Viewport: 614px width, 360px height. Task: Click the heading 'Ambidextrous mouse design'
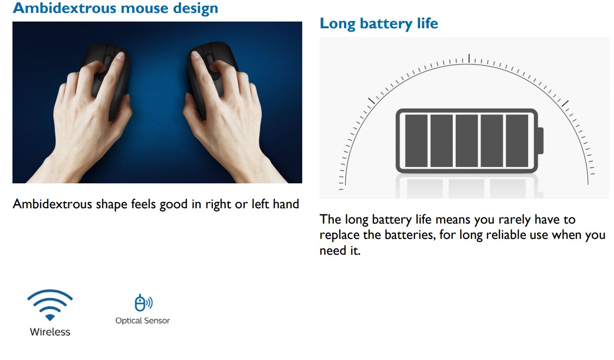115,8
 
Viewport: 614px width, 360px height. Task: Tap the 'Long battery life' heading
379,23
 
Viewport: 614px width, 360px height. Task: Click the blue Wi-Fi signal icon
50,305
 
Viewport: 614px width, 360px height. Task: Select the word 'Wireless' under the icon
50,332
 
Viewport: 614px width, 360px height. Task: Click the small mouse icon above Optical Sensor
143,303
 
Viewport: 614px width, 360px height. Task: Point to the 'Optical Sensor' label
143,321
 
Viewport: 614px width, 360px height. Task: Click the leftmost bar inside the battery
416,141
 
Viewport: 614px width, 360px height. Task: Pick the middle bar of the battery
466,141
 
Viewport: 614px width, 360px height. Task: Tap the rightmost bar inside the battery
517,141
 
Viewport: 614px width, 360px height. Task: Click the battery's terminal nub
541,141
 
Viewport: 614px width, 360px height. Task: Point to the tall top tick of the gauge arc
469,58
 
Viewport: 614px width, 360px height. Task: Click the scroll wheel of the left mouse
107,60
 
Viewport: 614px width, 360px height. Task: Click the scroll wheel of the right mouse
210,59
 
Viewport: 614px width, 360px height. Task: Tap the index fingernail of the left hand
120,56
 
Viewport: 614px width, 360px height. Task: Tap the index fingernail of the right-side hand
195,55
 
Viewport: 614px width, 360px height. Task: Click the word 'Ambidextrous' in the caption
52,204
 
